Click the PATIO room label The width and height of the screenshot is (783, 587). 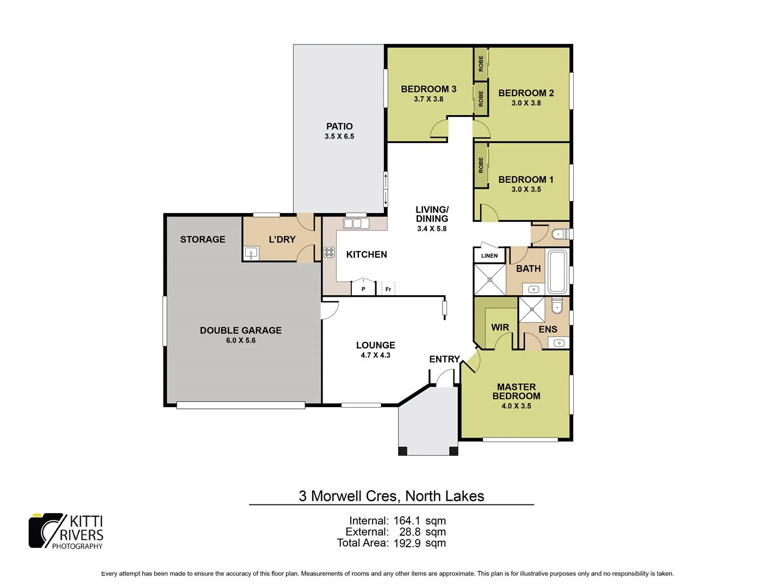point(339,126)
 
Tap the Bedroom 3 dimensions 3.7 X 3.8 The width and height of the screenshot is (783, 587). point(428,99)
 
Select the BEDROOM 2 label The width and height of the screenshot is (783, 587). point(526,93)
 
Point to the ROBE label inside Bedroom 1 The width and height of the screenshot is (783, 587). point(481,165)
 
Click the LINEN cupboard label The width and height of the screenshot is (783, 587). point(489,255)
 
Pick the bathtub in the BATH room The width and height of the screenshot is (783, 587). point(557,272)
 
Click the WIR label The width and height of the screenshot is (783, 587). point(500,327)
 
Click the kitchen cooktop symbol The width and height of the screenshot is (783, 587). point(329,252)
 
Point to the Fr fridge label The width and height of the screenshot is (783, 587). point(388,289)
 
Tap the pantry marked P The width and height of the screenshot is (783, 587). point(363,289)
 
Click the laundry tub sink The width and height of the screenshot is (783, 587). point(251,253)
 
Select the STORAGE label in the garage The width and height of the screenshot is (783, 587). point(203,239)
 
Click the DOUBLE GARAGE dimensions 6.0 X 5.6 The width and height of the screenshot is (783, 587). point(241,340)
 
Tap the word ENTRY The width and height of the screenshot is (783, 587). point(445,359)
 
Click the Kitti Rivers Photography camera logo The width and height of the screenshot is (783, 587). point(46,530)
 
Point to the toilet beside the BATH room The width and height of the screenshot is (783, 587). point(558,234)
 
